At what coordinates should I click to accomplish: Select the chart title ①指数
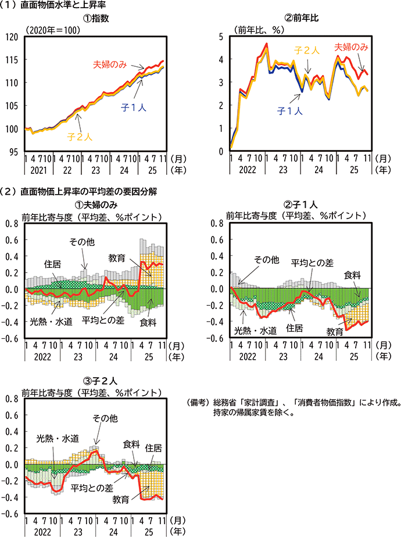[x=95, y=18]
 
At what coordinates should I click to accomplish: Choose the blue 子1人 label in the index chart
[x=133, y=108]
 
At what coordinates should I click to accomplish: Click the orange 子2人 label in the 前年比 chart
[x=307, y=52]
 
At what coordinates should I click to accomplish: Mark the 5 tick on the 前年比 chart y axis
[x=221, y=37]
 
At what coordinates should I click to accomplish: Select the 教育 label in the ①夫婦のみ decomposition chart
[x=116, y=257]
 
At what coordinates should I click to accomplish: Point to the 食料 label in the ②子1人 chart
[x=352, y=275]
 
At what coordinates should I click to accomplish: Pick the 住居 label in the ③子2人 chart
[x=153, y=448]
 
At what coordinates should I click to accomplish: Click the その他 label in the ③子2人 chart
[x=105, y=418]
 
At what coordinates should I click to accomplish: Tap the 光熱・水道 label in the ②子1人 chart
[x=254, y=331]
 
